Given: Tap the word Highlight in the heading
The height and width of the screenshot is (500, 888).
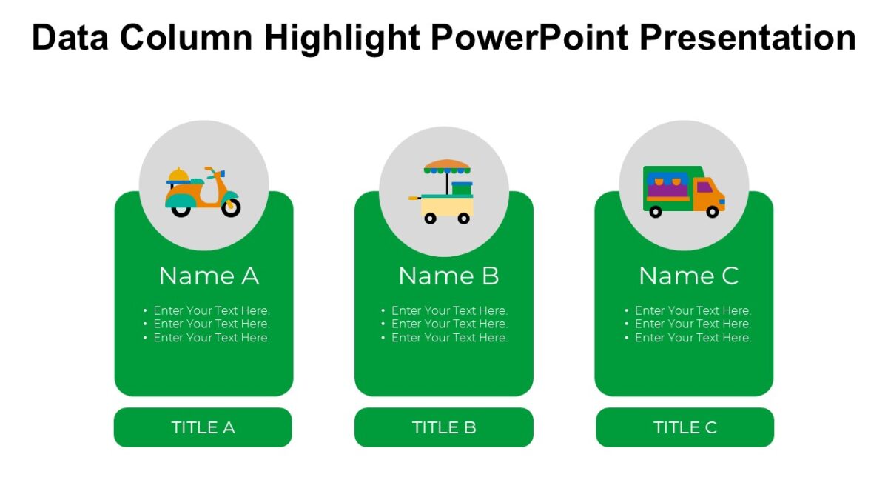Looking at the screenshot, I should coord(344,37).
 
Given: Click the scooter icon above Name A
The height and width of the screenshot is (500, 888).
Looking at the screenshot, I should coord(203,192).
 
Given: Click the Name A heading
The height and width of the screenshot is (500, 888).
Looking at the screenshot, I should coord(209,276).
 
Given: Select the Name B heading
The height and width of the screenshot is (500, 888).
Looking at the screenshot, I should coord(448,276).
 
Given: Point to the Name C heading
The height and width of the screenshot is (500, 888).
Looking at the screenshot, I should coord(688,276).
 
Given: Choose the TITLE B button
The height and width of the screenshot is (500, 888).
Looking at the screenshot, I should coord(444,427).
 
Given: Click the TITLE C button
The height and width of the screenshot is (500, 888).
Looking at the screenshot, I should coord(684,427).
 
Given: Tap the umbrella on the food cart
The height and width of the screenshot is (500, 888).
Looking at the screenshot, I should coord(447,166).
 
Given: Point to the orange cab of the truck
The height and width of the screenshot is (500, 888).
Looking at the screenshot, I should coord(708,193).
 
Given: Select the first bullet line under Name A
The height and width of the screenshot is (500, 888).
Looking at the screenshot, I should coord(211,310).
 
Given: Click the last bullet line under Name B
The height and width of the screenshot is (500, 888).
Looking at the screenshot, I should coord(449,338).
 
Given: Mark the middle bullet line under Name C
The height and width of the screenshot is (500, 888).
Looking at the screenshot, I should coord(693,324).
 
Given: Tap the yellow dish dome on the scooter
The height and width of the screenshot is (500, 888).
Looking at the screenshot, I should coord(178,175).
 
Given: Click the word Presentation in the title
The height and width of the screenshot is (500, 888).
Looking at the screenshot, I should coord(747,37).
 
